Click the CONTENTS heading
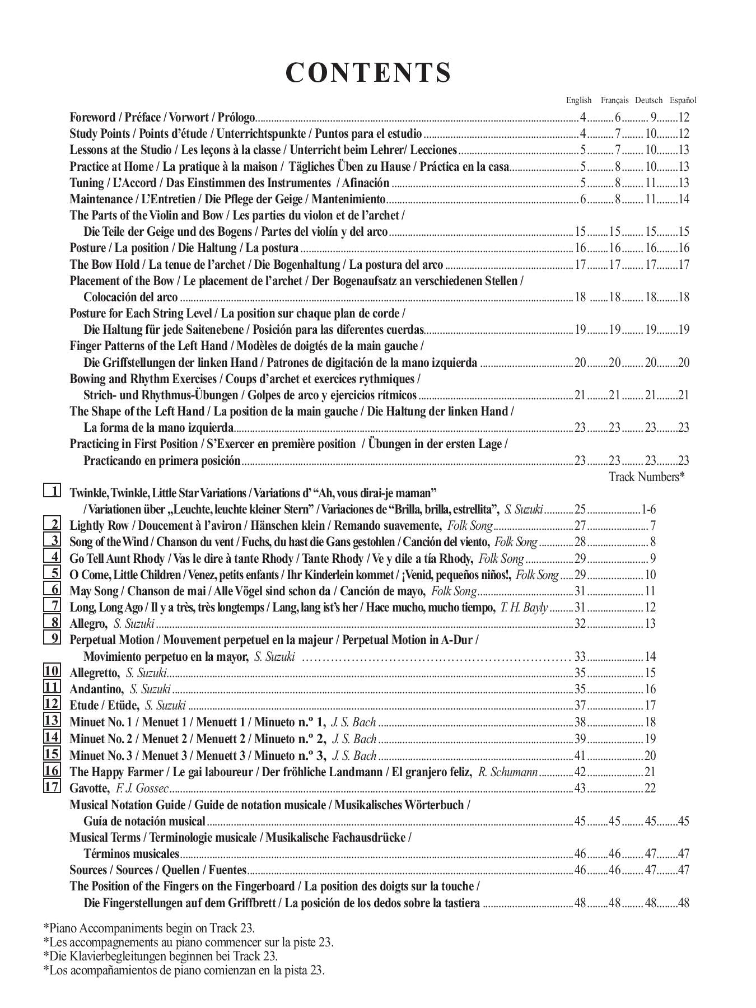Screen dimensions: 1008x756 coord(368,73)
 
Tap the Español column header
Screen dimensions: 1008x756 coord(683,100)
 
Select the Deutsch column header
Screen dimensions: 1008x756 coord(648,100)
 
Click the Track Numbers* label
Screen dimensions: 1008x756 coord(647,477)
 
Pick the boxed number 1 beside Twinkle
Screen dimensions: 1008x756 coord(52,491)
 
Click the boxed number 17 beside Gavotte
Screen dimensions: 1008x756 coord(52,786)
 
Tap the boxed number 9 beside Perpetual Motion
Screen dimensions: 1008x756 coord(52,638)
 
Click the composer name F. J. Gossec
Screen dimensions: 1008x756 coord(142,788)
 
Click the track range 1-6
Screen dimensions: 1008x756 coord(648,510)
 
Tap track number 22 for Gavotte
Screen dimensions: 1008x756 coord(650,788)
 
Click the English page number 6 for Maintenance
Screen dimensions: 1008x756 coord(582,199)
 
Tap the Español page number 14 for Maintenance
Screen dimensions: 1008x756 coord(683,199)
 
